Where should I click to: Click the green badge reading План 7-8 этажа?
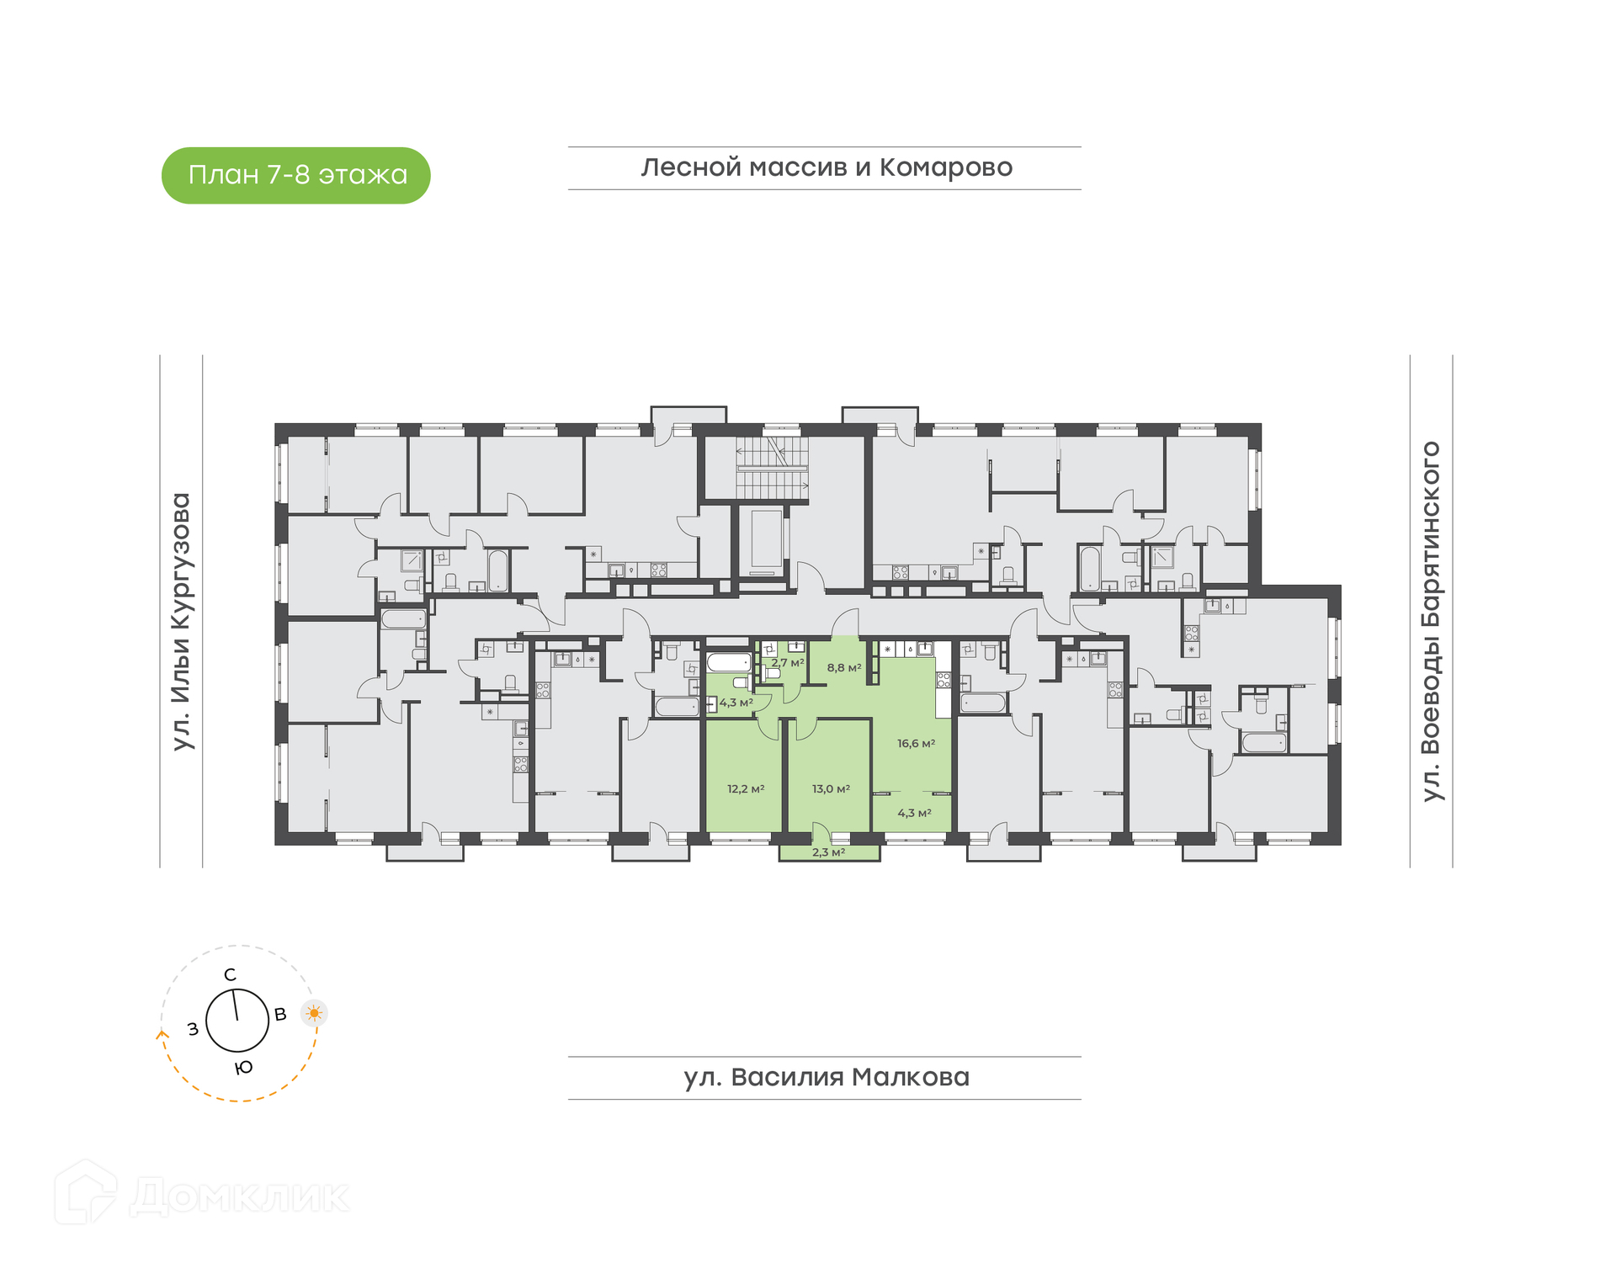[x=295, y=175]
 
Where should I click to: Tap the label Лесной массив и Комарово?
[x=827, y=167]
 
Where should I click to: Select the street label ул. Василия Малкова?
[x=827, y=1077]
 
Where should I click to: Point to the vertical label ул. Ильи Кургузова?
[x=181, y=622]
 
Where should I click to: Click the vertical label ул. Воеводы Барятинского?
[x=1431, y=621]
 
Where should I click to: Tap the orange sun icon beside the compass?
[x=314, y=1013]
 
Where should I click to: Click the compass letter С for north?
[x=230, y=975]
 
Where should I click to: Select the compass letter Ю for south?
[x=243, y=1068]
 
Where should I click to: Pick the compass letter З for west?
[x=193, y=1029]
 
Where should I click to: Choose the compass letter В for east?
[x=281, y=1015]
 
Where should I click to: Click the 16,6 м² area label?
[x=916, y=744]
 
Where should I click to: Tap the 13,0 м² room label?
[x=831, y=789]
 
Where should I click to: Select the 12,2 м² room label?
[x=746, y=789]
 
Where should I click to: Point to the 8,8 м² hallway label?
[x=844, y=668]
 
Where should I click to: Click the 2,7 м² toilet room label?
[x=788, y=663]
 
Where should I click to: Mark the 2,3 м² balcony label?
[x=828, y=852]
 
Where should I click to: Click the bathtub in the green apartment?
[x=728, y=662]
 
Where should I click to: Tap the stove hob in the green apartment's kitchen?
[x=944, y=680]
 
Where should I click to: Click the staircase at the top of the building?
[x=772, y=468]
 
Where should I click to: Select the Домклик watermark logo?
[x=202, y=1193]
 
